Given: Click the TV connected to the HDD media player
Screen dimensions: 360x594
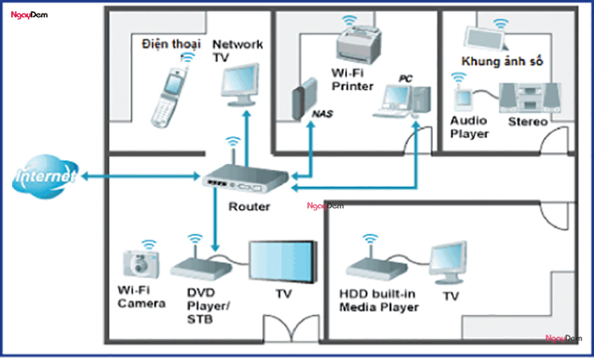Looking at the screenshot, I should point(448,263).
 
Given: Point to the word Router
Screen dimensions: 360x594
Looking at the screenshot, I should point(249,206).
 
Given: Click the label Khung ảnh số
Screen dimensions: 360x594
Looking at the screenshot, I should point(502,62).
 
